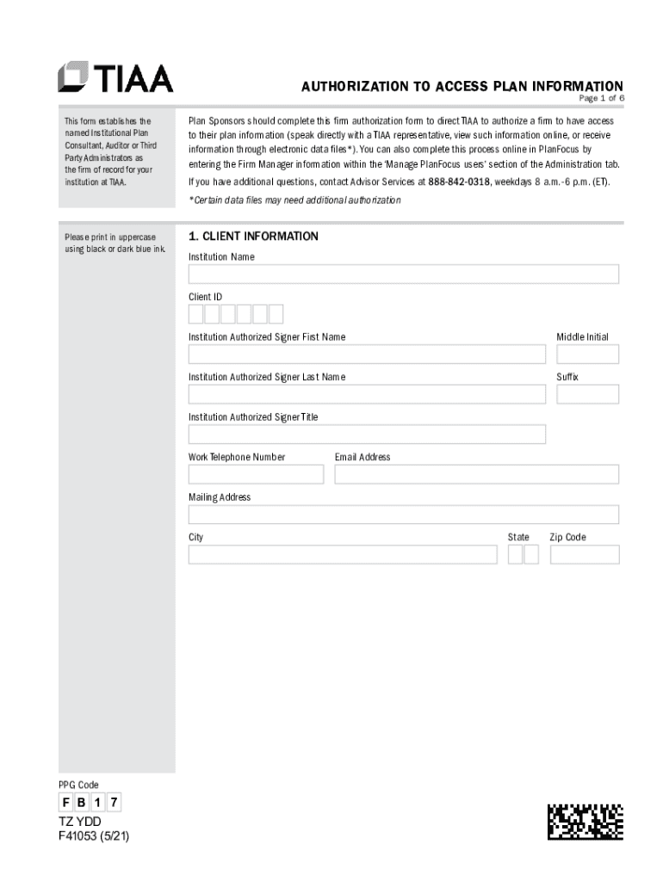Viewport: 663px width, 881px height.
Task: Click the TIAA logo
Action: [115, 77]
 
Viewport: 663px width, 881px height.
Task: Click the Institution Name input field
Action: [403, 274]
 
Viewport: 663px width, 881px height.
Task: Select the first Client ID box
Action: [196, 314]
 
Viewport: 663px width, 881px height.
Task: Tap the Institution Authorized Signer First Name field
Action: [367, 354]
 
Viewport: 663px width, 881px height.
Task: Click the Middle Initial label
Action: [582, 337]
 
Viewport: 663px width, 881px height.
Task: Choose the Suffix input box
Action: [587, 394]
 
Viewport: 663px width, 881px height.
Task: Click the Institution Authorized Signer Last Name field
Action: [367, 394]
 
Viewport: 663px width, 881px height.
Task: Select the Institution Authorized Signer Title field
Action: [367, 434]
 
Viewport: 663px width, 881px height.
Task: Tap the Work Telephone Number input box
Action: [256, 474]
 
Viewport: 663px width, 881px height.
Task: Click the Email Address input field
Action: [476, 474]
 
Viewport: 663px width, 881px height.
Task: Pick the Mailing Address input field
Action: [403, 514]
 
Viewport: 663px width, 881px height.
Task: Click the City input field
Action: [343, 554]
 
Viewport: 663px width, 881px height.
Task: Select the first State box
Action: [515, 554]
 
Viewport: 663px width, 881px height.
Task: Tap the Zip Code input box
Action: [584, 554]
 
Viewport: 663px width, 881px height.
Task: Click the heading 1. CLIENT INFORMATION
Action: [253, 237]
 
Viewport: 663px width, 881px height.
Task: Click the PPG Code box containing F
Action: [66, 804]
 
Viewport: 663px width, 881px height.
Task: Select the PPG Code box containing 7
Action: [113, 804]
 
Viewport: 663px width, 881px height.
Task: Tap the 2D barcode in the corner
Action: [585, 822]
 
